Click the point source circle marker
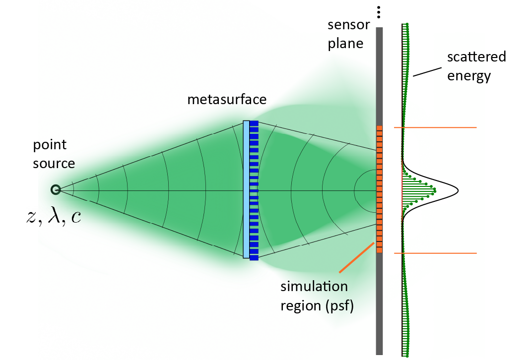56,189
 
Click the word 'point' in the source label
50,146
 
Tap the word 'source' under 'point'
54,163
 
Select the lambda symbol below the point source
52,218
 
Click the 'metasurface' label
227,100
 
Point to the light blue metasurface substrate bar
246,189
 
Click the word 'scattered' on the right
476,57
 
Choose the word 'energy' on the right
469,76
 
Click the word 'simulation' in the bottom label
314,287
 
